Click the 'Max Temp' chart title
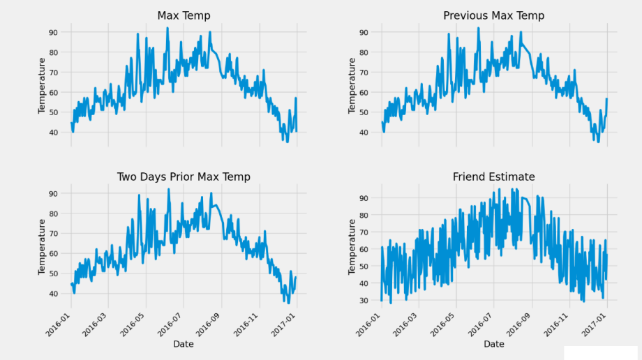(184, 15)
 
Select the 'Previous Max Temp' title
(494, 15)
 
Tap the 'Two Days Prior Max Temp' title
(184, 177)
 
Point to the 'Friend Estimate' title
(494, 177)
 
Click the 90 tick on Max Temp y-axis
(52, 32)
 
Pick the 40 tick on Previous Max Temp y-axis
(364, 133)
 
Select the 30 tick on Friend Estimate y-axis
(364, 301)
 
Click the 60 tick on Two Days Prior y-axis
(52, 253)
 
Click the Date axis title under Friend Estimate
(494, 344)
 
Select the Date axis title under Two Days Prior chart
(184, 344)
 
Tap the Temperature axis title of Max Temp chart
(42, 86)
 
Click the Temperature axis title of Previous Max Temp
(352, 86)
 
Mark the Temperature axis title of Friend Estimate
(352, 247)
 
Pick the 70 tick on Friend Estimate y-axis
(364, 232)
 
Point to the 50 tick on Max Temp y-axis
(52, 112)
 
